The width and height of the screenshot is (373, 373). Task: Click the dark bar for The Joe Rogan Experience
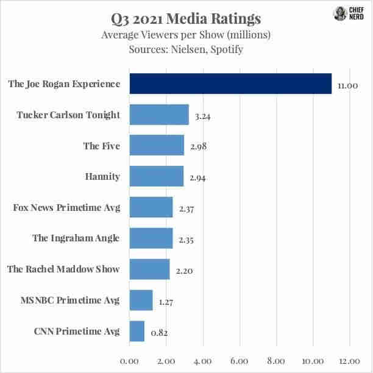tap(230, 84)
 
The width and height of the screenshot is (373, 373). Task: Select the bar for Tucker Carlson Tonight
tap(159, 115)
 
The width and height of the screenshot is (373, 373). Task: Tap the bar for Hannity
tap(157, 177)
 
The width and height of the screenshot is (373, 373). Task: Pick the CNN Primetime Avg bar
tap(137, 332)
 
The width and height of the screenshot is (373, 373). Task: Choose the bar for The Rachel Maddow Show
tap(150, 269)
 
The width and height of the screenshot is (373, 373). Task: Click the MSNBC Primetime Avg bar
tap(141, 300)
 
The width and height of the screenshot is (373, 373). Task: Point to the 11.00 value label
tap(347, 86)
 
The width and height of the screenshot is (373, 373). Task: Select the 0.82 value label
tap(158, 333)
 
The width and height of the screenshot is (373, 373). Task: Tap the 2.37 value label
tap(187, 209)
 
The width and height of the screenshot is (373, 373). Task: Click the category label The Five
tap(102, 146)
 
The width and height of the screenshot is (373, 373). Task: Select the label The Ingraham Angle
tap(76, 238)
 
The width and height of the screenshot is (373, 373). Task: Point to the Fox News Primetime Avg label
tap(66, 208)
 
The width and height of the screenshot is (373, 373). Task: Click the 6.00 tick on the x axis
tap(240, 361)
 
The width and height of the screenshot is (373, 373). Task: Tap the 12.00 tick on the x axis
tap(350, 361)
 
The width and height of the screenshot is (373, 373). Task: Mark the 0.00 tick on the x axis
tap(130, 361)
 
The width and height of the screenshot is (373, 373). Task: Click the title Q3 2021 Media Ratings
tap(187, 18)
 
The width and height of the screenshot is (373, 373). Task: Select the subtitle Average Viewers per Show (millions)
tap(186, 35)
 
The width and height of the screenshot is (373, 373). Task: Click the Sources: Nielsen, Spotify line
tap(186, 49)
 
